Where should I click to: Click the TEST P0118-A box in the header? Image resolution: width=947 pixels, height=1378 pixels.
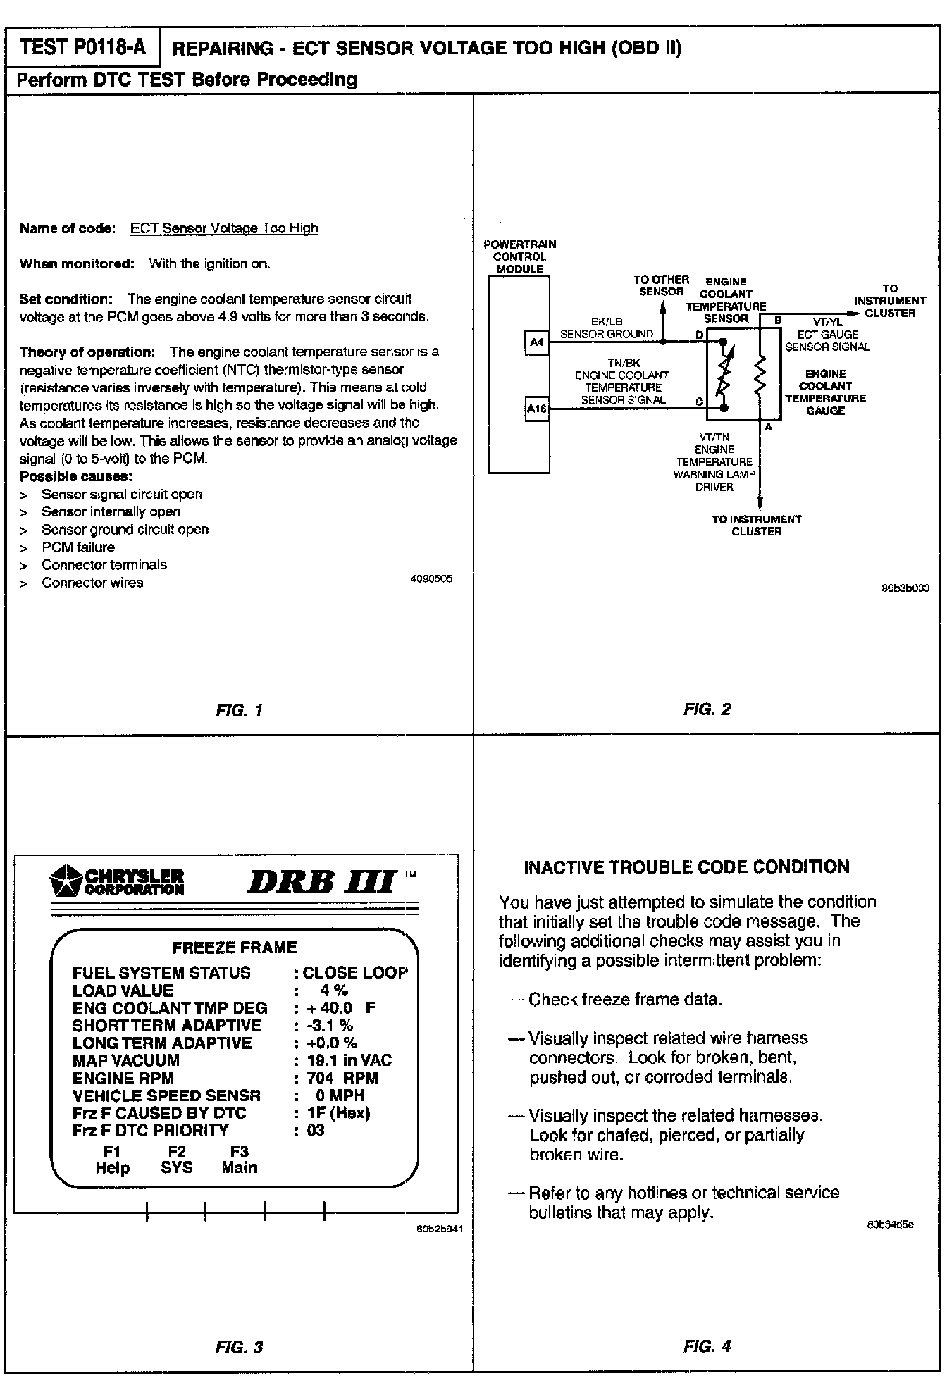(83, 47)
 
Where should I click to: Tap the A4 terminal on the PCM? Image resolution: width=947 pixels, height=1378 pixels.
(537, 342)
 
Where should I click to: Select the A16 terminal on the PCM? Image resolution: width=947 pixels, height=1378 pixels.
(537, 409)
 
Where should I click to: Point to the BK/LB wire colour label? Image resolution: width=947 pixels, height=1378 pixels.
(606, 322)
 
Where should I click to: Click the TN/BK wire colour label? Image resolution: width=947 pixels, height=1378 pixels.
(624, 363)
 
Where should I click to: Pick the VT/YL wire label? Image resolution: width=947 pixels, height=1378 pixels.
(827, 323)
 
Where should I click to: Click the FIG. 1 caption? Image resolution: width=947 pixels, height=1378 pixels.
(239, 710)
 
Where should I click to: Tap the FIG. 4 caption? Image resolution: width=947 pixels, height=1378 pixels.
(707, 1346)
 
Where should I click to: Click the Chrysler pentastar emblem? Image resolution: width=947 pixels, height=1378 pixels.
(65, 881)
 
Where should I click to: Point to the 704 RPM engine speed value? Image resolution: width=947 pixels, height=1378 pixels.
(342, 1078)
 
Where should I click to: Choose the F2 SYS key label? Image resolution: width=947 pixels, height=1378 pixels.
(176, 1160)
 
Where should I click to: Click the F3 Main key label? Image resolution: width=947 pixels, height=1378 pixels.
(240, 1160)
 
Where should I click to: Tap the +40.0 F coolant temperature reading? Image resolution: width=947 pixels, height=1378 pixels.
(341, 1007)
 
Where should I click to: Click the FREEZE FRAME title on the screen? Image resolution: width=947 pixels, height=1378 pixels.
(235, 948)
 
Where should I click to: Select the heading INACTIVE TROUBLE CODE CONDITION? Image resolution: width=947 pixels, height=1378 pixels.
(686, 867)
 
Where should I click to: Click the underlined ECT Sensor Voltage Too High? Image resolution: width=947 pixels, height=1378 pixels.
(224, 228)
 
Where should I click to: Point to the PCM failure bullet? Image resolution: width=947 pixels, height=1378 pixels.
(78, 547)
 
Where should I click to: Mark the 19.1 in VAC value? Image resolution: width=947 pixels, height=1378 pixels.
(349, 1060)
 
